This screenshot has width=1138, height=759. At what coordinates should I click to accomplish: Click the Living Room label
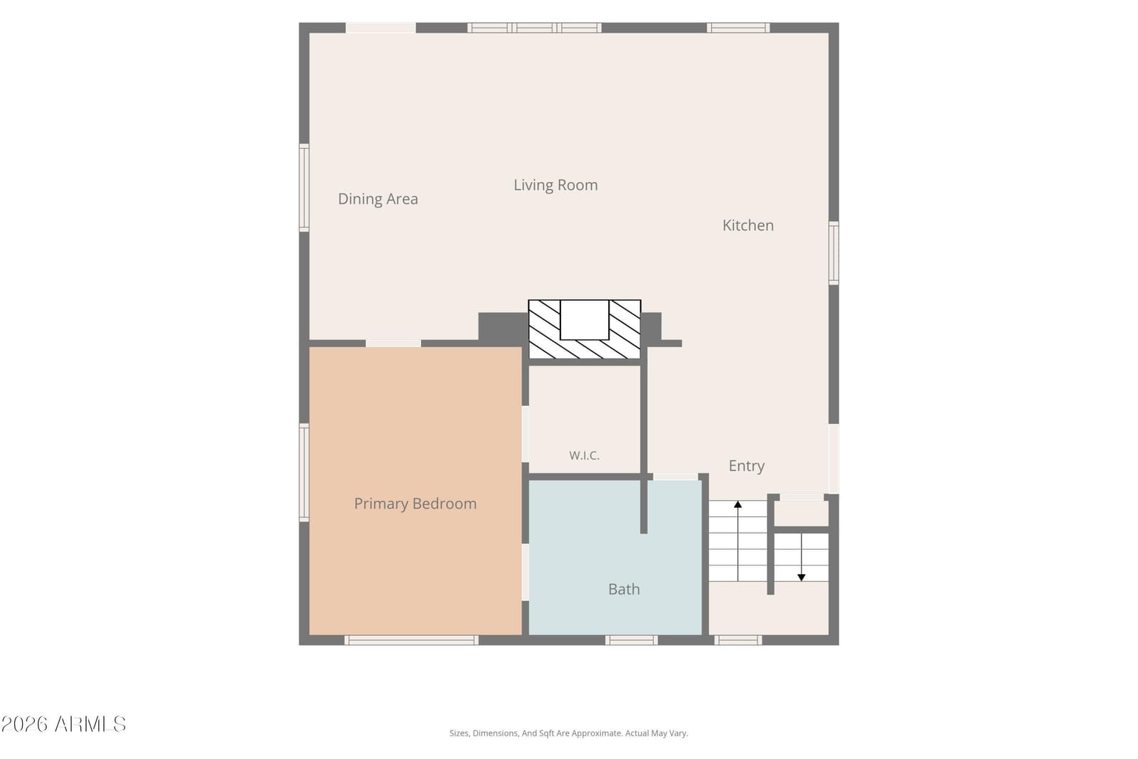point(555,185)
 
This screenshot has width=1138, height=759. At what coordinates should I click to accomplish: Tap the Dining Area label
point(378,199)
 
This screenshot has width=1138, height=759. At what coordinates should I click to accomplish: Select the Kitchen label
point(748,225)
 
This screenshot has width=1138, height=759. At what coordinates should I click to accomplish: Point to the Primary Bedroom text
point(415,504)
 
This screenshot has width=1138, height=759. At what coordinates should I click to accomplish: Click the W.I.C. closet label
point(584,455)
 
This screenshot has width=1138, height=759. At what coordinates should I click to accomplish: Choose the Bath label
point(624,589)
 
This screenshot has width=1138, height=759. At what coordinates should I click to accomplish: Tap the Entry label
point(746,466)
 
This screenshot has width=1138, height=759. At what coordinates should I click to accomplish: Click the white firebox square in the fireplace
point(584,319)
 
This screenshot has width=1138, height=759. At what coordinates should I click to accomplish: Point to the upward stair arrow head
point(738,504)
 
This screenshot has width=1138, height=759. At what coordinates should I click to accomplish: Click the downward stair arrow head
point(801,578)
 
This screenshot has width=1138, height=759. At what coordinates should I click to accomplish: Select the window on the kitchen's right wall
point(834,253)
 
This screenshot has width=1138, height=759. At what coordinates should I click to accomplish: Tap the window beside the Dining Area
point(304,188)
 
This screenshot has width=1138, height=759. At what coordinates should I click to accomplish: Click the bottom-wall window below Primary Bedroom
point(412,640)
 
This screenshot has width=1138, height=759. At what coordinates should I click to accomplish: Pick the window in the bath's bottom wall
point(632,640)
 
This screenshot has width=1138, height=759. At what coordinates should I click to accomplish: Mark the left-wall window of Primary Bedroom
point(304,472)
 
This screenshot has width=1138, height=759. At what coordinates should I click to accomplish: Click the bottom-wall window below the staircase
point(738,640)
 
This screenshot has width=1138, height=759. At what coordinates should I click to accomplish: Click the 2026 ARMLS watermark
point(63,724)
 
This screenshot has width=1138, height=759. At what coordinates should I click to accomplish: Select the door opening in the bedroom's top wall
point(393,344)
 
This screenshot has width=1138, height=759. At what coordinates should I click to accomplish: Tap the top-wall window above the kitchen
point(738,28)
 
